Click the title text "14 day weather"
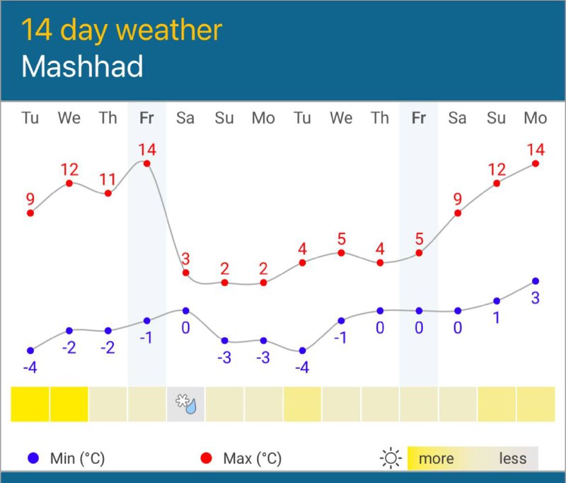click(122, 30)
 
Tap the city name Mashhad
click(82, 67)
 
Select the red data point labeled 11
click(108, 193)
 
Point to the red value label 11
click(108, 178)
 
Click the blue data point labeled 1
click(497, 301)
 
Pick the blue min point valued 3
click(536, 281)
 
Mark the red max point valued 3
click(186, 273)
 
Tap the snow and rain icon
click(186, 404)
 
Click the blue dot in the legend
click(32, 458)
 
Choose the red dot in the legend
click(206, 458)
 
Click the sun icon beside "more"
click(390, 458)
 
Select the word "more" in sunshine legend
click(436, 458)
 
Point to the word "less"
click(512, 458)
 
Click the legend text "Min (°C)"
click(77, 458)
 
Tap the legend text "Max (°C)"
click(252, 458)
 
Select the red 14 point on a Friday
click(147, 164)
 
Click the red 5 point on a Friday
click(419, 252)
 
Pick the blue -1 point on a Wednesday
click(341, 320)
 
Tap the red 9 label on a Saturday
click(458, 198)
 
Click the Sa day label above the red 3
click(185, 118)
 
